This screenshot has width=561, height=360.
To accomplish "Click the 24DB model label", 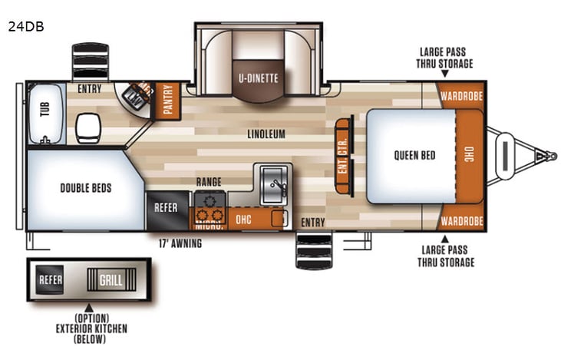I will (x=26, y=26).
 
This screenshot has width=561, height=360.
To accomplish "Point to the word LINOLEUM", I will (x=266, y=134).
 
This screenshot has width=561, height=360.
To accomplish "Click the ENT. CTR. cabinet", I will (x=344, y=157).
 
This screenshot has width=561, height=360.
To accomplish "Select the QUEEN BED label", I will (x=414, y=155).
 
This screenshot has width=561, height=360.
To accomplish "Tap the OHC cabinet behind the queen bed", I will (x=469, y=156).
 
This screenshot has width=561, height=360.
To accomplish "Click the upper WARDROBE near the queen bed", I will (x=461, y=97).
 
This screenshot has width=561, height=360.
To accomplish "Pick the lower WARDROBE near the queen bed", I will (x=461, y=221).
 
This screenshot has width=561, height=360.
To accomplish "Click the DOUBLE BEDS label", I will (x=86, y=187).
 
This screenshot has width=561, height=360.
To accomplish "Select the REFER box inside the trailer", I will (x=167, y=207).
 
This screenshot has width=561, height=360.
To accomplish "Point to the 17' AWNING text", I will (x=176, y=244).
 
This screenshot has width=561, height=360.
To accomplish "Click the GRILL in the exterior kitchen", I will (x=111, y=279).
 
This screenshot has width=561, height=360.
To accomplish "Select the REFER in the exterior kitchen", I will (x=51, y=279).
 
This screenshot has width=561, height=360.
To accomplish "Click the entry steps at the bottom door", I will (x=313, y=251).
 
